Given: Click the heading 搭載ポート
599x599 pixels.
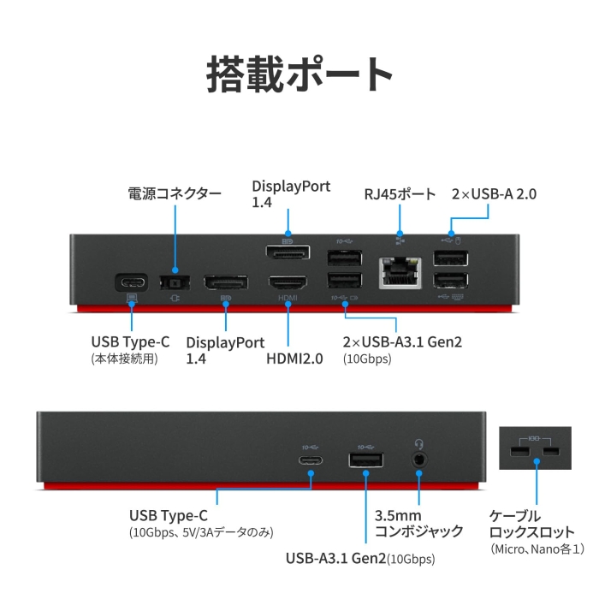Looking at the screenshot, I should pos(299,74).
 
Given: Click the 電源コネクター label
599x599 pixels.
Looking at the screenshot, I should pos(174,194).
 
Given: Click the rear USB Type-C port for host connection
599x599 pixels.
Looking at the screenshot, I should pos(131,282).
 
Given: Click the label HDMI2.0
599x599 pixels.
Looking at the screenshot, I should pos(294,359).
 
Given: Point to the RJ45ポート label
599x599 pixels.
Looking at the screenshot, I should pos(400,194).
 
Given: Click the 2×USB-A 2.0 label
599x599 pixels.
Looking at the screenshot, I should pos(494,194).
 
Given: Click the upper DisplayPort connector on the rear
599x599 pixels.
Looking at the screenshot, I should pos(288,254).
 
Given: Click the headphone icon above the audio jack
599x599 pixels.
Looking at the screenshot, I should pos(419,443).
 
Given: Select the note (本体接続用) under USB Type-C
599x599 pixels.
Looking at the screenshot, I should pos(125,359).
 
